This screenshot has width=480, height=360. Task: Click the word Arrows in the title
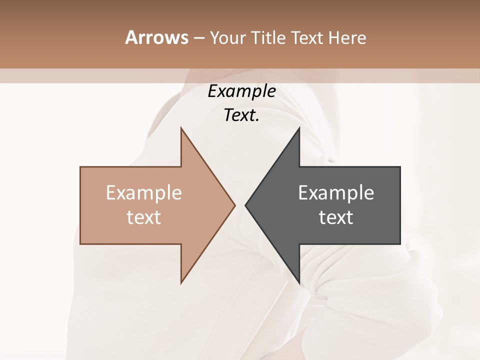[156, 37]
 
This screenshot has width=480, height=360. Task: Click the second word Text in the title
[308, 38]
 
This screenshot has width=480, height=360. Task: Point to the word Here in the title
[347, 38]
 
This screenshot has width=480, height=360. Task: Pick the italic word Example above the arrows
[241, 91]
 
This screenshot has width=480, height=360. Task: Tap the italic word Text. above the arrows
[241, 115]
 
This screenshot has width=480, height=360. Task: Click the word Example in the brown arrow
[144, 193]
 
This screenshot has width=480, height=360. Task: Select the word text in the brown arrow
[144, 217]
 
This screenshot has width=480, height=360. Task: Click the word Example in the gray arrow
[336, 193]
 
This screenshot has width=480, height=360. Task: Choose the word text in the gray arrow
[336, 217]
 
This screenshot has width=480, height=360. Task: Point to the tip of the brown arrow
[235, 205]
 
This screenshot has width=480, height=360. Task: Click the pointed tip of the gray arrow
[245, 205]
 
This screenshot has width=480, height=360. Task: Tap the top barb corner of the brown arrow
[181, 127]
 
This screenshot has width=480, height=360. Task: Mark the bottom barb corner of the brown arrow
[181, 283]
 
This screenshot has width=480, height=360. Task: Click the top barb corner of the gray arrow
[299, 127]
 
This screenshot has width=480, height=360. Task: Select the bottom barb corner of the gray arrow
[299, 283]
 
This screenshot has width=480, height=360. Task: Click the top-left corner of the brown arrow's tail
[80, 167]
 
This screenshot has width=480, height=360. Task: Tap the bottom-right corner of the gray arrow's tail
[400, 244]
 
